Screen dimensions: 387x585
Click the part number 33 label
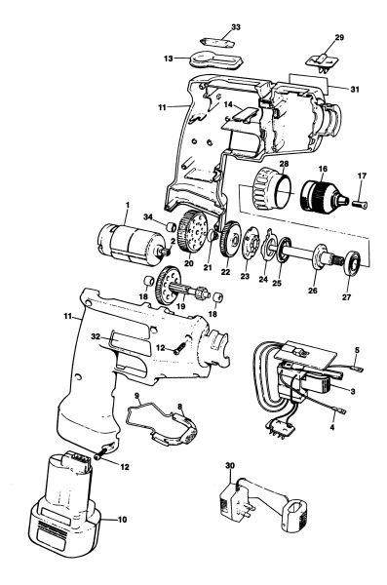[x=236, y=27]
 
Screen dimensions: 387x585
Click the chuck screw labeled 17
[x=360, y=205]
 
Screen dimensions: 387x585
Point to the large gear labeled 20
[x=193, y=232]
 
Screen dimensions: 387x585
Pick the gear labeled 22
[x=232, y=240]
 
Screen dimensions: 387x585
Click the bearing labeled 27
[x=352, y=263]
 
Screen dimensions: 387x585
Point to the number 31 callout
[x=355, y=90]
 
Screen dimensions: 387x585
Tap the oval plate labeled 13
[x=215, y=60]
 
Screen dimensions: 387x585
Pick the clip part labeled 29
[x=322, y=61]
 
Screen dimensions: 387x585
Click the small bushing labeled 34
[x=171, y=227]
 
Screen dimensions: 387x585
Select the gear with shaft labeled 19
[x=179, y=286]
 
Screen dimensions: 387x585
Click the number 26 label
[x=312, y=291]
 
